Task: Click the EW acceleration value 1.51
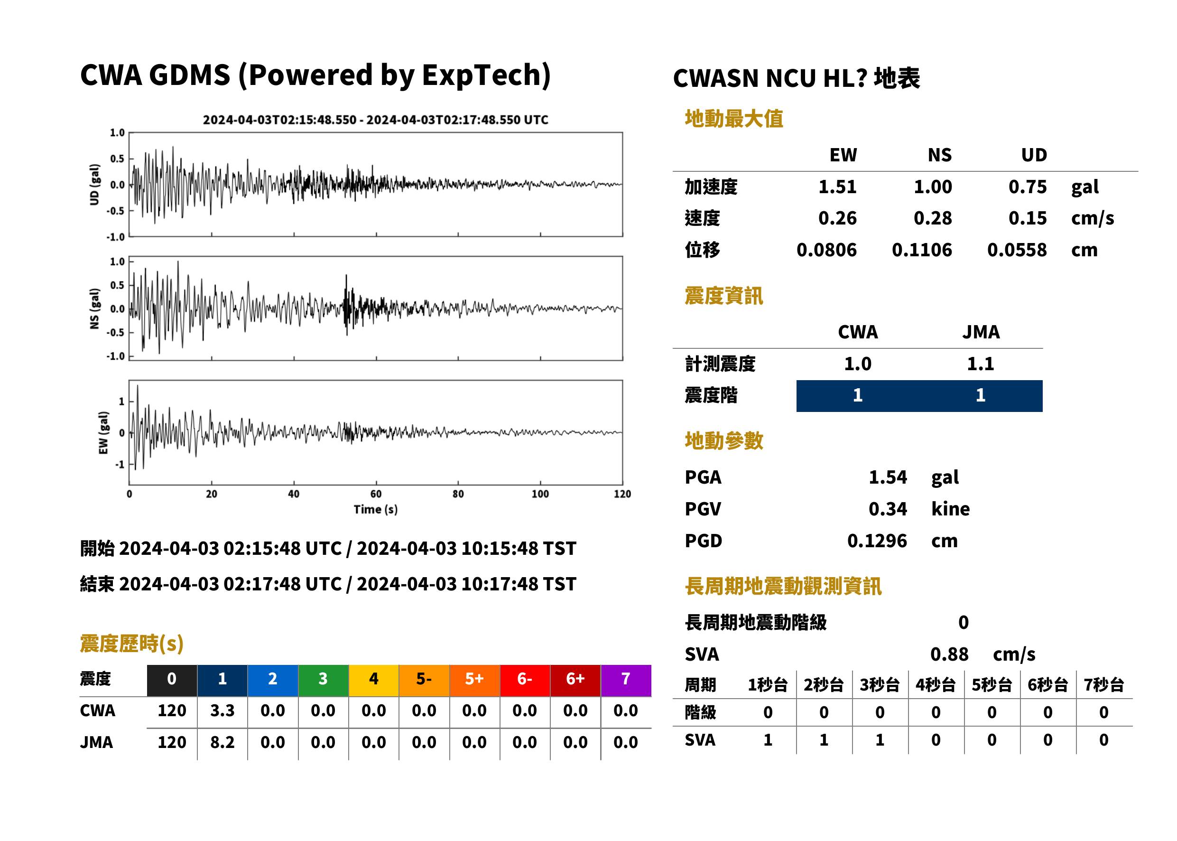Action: click(837, 187)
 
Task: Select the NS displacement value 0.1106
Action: click(922, 250)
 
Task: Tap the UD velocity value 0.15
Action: click(1028, 218)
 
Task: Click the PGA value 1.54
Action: click(888, 477)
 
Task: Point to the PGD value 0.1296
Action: click(877, 541)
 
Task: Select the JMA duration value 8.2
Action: click(222, 742)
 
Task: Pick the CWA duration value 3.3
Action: click(222, 710)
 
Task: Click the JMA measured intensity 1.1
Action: click(980, 364)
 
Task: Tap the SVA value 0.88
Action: click(949, 654)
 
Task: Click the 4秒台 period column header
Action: click(935, 684)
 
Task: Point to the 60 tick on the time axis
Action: click(376, 494)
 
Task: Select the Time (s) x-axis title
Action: click(376, 510)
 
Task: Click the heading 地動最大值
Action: click(734, 119)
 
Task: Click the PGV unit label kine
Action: click(950, 509)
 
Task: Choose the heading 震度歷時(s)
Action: click(131, 644)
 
